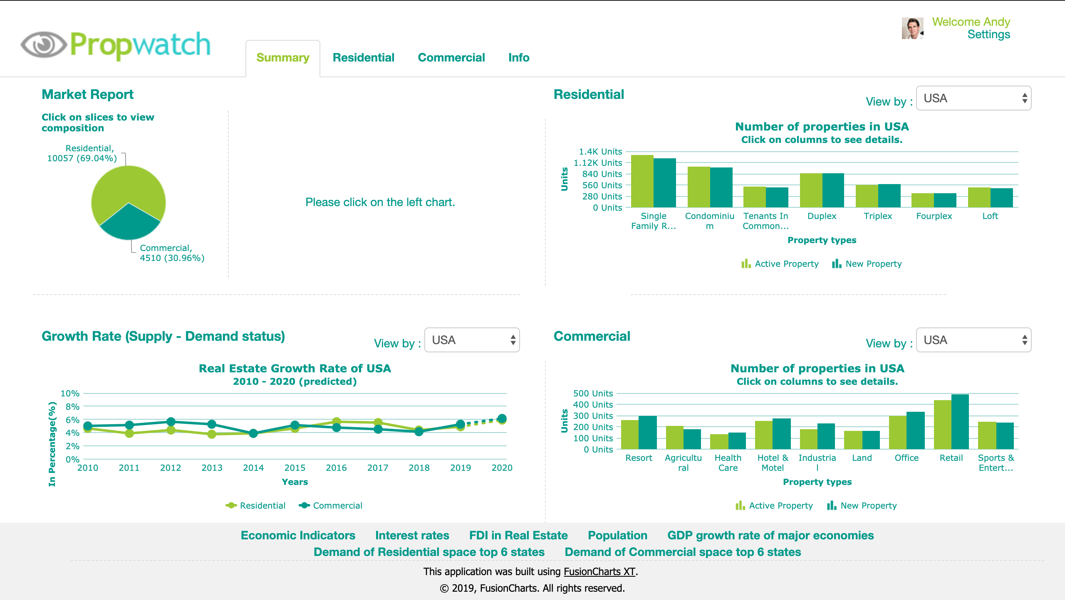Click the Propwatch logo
tap(116, 45)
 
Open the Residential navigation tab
tap(363, 57)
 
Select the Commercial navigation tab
tap(451, 57)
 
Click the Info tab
tap(518, 57)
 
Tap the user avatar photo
tap(912, 28)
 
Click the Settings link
tap(988, 34)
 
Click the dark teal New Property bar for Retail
tap(960, 421)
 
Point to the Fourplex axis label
tap(934, 216)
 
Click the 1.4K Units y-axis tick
tap(600, 152)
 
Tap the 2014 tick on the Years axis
tap(253, 468)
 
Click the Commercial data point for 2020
tap(502, 418)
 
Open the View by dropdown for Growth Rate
tap(472, 340)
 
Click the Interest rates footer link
tap(412, 535)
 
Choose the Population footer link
tap(617, 535)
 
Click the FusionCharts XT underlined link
tap(599, 572)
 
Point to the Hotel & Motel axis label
tap(773, 462)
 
